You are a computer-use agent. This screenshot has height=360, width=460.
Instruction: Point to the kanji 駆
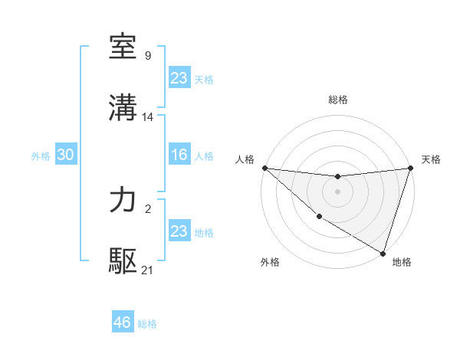coord(123,261)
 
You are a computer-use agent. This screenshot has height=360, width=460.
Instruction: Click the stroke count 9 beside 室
coord(147,56)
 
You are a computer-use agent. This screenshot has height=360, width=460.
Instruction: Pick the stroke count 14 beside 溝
coord(148,117)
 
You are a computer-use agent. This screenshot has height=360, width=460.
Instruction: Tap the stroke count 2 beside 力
coord(147,208)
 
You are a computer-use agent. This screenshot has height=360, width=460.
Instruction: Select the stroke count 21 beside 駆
coord(148,270)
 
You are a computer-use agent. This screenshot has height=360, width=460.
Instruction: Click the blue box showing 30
coord(65,155)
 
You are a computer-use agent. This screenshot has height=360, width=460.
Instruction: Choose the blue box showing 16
coord(179,155)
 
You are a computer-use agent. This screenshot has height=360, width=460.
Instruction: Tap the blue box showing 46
coord(122,322)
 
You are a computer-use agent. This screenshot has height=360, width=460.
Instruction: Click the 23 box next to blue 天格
coord(179,77)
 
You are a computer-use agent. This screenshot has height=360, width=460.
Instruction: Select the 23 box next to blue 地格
coord(179,231)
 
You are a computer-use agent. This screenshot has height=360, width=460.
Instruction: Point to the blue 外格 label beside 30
coord(41,156)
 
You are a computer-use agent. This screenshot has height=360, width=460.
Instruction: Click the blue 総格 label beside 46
coord(147,324)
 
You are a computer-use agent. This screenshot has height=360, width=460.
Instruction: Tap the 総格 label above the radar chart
coord(338,100)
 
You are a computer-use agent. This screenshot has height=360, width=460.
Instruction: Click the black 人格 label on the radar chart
coord(245,159)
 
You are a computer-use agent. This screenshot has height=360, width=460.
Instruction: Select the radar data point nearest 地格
coord(383,253)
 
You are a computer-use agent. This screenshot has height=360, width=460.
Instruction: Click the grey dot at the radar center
coord(337,191)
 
